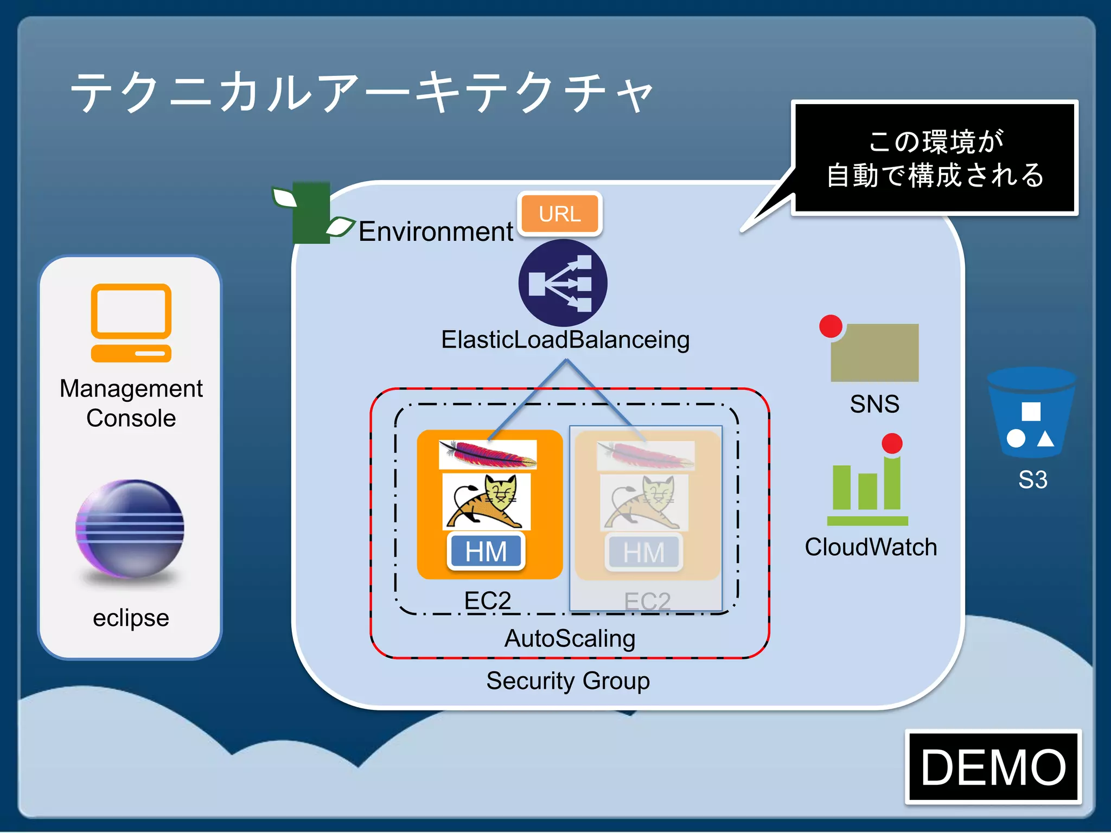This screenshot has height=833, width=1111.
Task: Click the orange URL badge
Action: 560,214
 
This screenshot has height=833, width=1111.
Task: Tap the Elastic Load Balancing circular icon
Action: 563,283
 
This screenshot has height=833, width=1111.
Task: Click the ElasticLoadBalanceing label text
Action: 565,340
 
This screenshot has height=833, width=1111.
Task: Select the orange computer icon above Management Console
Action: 131,323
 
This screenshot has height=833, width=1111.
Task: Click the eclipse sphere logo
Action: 130,529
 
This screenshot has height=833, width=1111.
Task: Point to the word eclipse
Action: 131,618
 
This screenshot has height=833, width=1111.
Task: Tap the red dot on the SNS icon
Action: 831,326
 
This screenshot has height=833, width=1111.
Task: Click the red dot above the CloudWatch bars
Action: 892,443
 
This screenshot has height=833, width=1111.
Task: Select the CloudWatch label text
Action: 871,547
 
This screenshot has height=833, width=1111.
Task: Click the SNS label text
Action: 874,404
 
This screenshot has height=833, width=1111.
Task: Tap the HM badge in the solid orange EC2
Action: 486,552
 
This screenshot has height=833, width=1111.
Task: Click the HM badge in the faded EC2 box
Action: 643,553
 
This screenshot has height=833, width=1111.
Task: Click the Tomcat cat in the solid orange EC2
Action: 486,502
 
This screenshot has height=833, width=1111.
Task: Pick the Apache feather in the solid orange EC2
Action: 487,454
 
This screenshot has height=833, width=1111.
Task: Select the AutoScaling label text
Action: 570,638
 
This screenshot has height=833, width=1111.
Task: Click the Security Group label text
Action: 568,681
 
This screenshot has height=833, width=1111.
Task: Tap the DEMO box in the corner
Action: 993,767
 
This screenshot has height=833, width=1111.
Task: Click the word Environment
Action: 436,232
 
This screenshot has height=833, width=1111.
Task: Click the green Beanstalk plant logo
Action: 311,213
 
